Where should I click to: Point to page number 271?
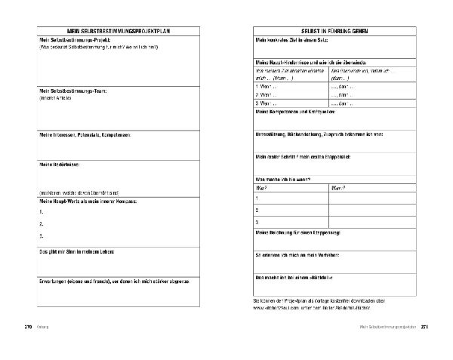point(425,327)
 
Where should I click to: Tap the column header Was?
point(262,186)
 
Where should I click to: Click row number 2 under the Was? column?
point(257,209)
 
